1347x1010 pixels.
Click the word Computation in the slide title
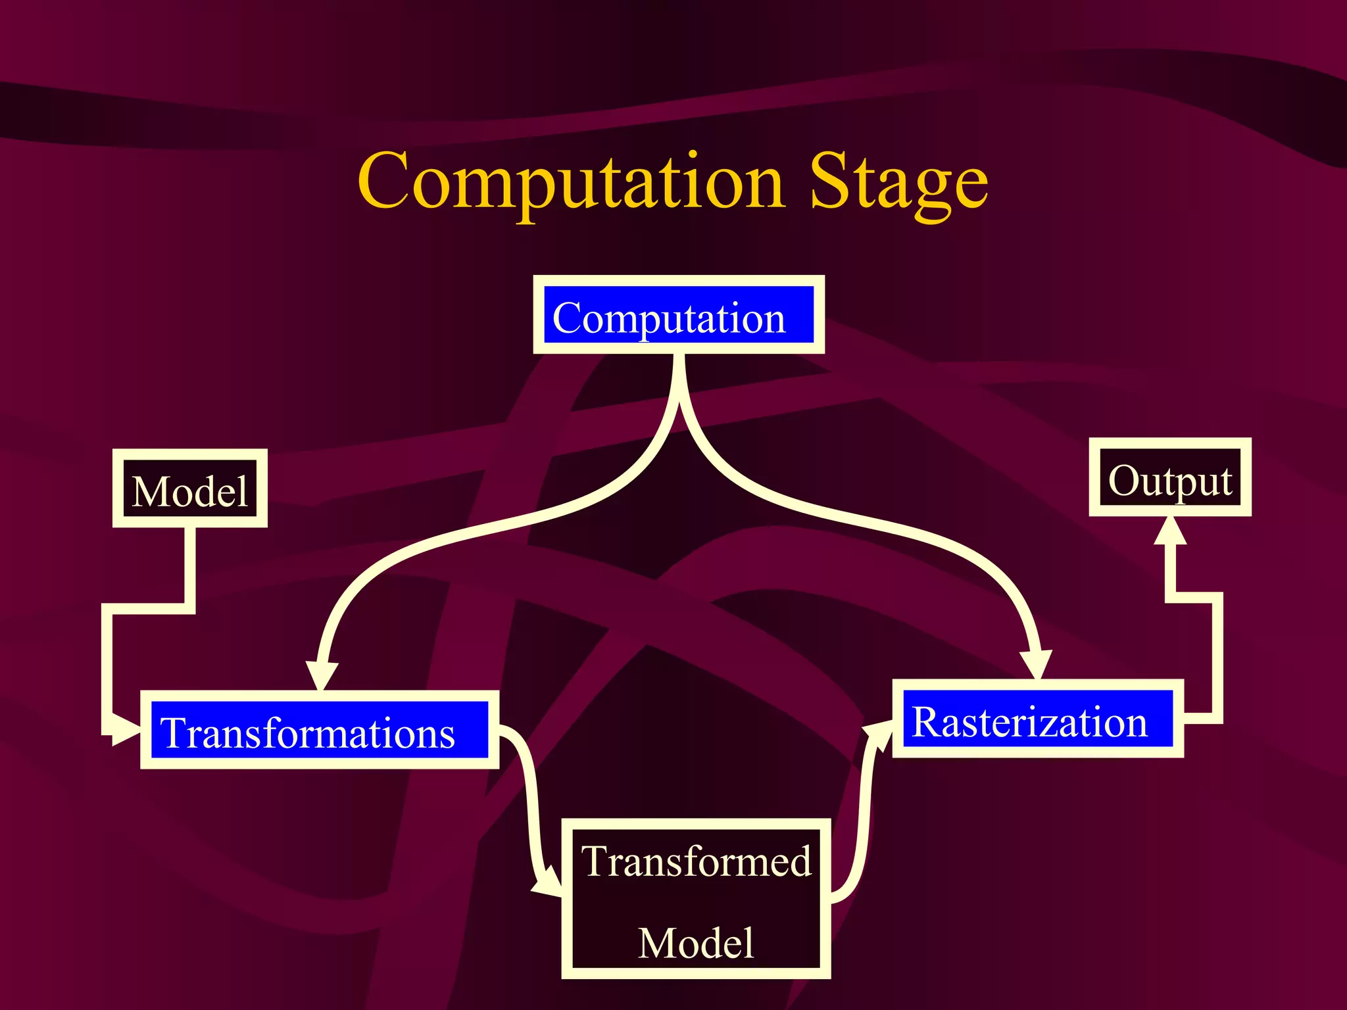571,181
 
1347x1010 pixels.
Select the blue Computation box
678,315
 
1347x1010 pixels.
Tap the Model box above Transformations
189,489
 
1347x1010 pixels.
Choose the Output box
1170,477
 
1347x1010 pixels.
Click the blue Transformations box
319,730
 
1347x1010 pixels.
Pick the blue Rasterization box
1037,719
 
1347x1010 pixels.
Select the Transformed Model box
696,899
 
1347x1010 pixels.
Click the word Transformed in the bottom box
696,861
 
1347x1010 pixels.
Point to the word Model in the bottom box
696,942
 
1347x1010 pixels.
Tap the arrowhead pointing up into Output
1170,531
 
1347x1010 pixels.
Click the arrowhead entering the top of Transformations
322,675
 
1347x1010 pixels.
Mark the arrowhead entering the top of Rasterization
1036,664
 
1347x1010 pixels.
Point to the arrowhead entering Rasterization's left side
879,733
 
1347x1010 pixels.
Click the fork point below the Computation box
679,395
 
